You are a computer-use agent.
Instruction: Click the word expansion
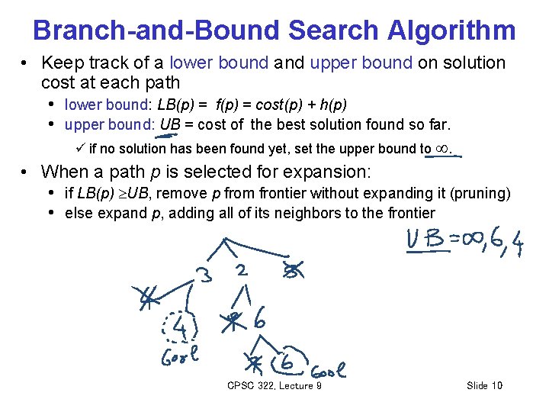click(333, 172)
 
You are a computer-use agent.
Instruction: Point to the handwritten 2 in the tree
click(241, 269)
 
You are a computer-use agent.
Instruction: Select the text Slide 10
click(484, 386)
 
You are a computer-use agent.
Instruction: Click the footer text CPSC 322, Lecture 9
click(274, 386)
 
